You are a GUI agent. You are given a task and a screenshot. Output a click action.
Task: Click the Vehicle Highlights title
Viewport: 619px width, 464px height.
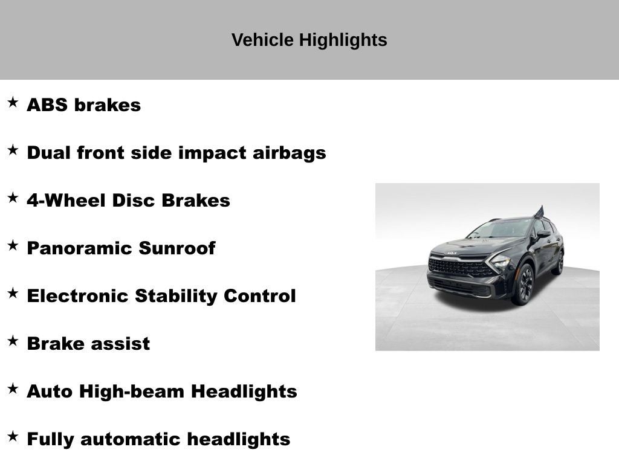309,40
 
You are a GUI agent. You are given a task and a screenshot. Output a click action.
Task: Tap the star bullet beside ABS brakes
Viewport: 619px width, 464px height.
13,102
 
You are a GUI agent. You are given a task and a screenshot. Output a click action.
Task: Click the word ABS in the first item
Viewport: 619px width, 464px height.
48,105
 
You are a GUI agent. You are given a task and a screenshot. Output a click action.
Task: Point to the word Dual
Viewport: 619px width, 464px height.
48,153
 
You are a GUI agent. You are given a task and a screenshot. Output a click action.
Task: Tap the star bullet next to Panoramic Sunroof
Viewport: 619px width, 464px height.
13,245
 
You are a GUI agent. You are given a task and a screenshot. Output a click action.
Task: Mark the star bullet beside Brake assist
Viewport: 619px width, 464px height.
13,341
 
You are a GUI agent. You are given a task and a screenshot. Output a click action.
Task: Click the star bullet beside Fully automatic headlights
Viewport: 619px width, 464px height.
13,436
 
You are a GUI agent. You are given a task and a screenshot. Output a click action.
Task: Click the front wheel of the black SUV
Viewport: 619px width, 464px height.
523,283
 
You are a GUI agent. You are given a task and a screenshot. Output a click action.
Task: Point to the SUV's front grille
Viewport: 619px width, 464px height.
456,267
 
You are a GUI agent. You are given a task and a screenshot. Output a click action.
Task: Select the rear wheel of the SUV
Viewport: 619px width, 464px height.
559,263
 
